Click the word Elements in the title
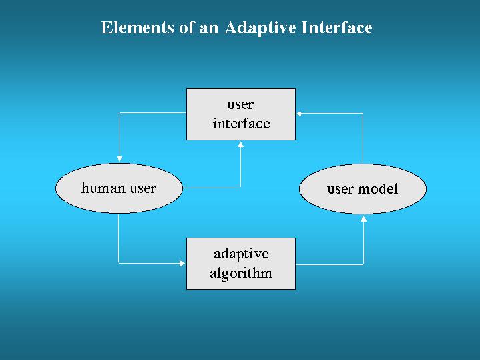tap(138, 27)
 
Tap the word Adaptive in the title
tap(260, 28)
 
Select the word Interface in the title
tap(336, 27)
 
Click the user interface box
tap(241, 114)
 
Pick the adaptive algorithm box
tap(241, 264)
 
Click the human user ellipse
tap(119, 188)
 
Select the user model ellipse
tap(363, 189)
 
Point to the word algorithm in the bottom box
tap(241, 273)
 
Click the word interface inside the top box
tap(241, 124)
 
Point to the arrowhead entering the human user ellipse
tap(119, 159)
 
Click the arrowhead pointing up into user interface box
tap(240, 144)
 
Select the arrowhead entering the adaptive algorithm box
tap(182, 264)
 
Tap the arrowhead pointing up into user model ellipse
tap(363, 219)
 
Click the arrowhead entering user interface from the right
tap(299, 114)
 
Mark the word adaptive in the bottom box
tap(241, 254)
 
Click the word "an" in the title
tap(209, 29)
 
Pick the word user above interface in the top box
tap(240, 105)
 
